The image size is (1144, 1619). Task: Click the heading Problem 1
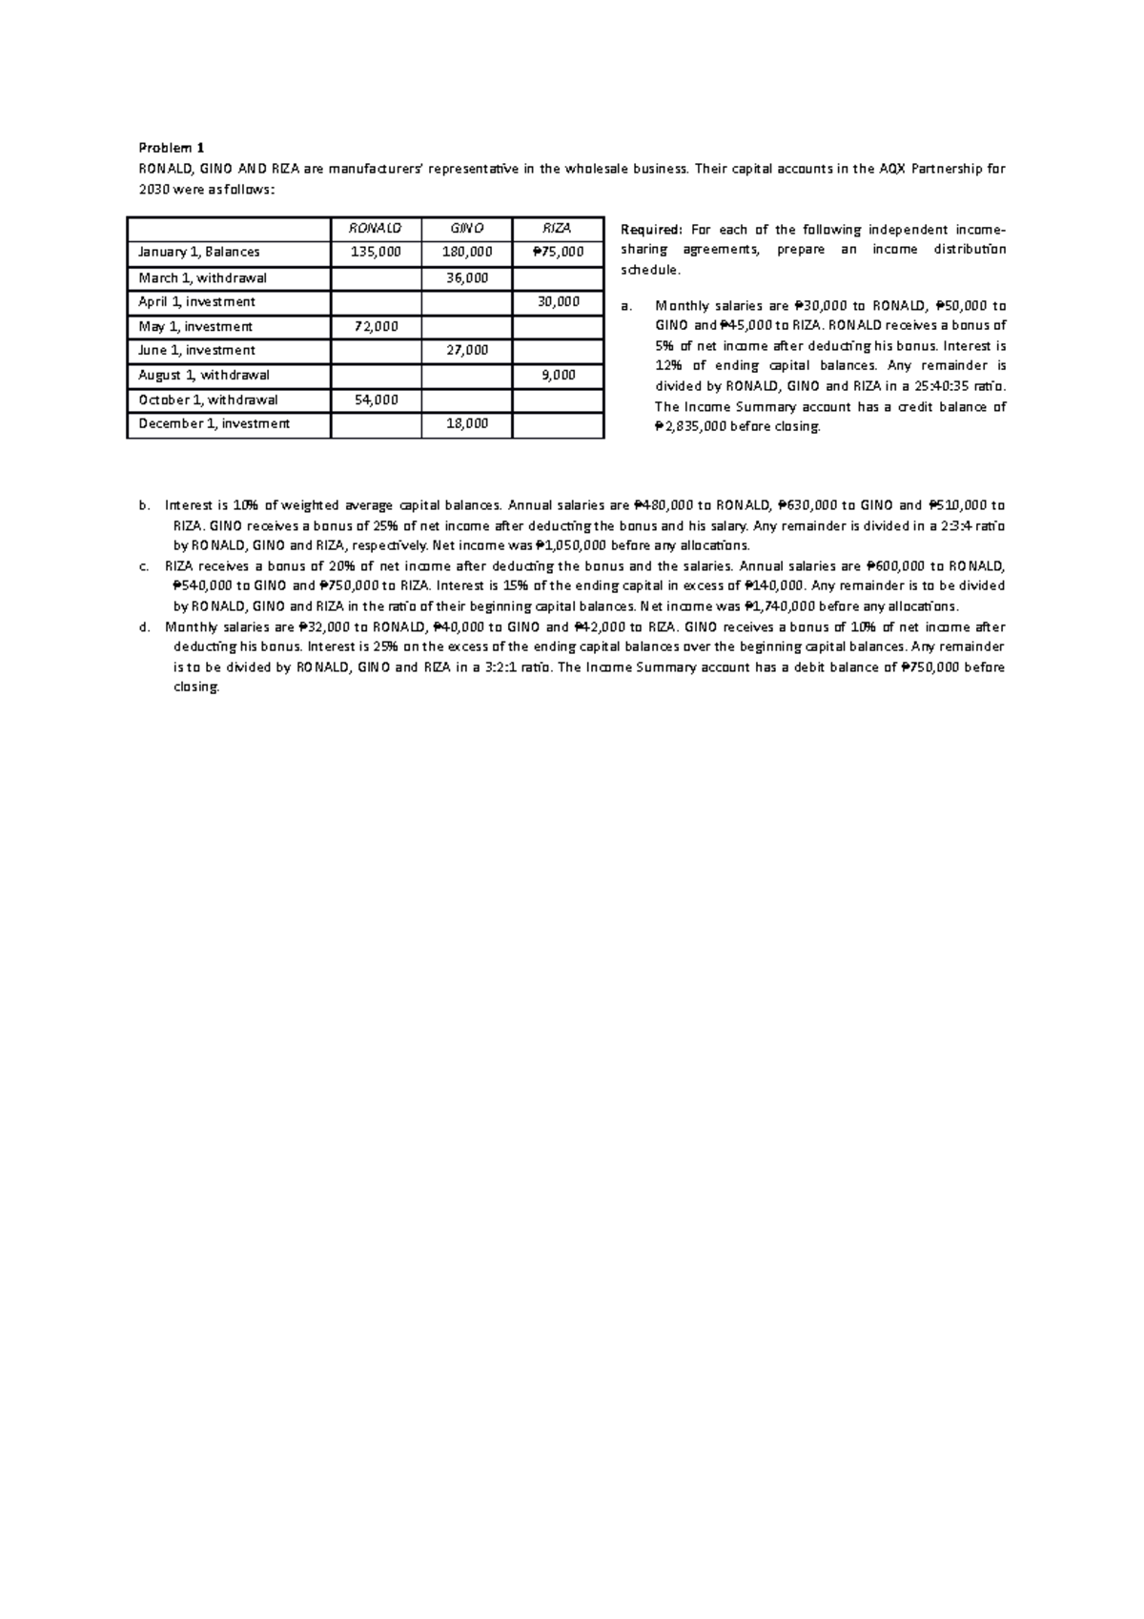coord(172,148)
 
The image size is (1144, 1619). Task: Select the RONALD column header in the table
coord(376,229)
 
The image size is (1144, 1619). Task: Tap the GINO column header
coord(467,229)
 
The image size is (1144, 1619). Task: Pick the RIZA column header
coord(558,229)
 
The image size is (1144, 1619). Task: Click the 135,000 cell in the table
coord(376,253)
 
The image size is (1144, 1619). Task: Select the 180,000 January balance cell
coord(467,253)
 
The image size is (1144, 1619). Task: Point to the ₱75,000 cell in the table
coord(558,253)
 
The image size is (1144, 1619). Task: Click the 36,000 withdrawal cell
coord(467,277)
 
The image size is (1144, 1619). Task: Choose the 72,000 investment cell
coord(376,326)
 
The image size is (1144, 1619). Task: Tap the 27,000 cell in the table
coord(467,350)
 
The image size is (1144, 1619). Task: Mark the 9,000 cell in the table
coord(558,375)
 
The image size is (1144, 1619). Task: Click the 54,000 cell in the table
coord(376,400)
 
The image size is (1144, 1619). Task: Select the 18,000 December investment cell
coord(467,423)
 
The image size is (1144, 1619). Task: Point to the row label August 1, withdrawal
coord(204,375)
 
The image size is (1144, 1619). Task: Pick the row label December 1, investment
coord(214,423)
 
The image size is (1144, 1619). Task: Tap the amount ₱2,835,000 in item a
coord(690,427)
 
